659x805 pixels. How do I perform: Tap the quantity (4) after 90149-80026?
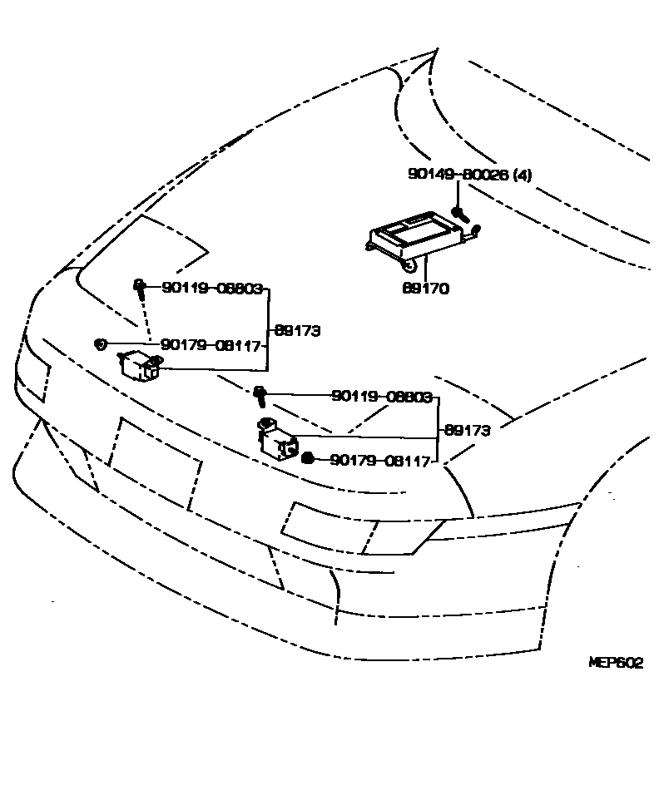tap(521, 175)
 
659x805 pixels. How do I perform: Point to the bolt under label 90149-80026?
tap(457, 214)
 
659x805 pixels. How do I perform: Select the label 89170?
tap(425, 289)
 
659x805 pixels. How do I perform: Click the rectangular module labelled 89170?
tap(415, 232)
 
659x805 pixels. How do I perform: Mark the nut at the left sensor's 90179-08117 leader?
tap(100, 343)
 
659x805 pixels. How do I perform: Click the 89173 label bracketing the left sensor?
tap(297, 330)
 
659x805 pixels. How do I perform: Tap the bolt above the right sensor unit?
tap(260, 394)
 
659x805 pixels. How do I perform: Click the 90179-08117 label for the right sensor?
tap(379, 460)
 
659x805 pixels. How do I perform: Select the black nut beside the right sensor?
tap(307, 459)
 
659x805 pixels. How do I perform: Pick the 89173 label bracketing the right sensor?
tap(467, 431)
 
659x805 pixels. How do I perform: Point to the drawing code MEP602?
tap(616, 663)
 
